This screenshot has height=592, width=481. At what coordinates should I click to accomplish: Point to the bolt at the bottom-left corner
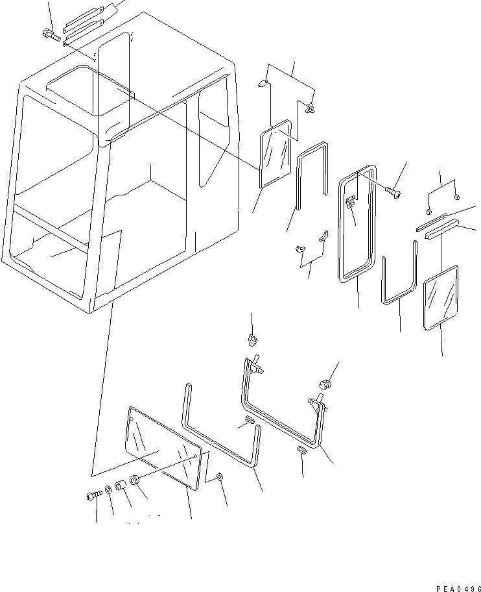pyautogui.click(x=92, y=496)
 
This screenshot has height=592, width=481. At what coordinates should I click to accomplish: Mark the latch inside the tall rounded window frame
pyautogui.click(x=350, y=203)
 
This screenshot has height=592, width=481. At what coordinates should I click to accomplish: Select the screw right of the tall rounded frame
pyautogui.click(x=393, y=191)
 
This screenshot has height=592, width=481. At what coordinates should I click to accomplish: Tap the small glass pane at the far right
pyautogui.click(x=441, y=297)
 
